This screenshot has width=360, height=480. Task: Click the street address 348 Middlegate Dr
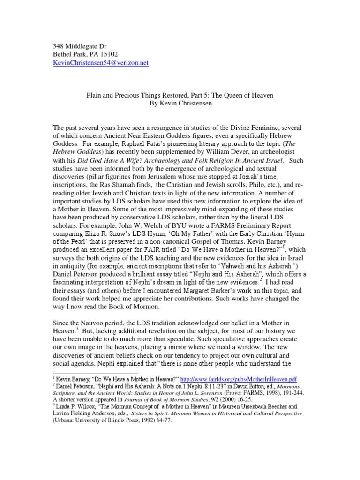point(78,45)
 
